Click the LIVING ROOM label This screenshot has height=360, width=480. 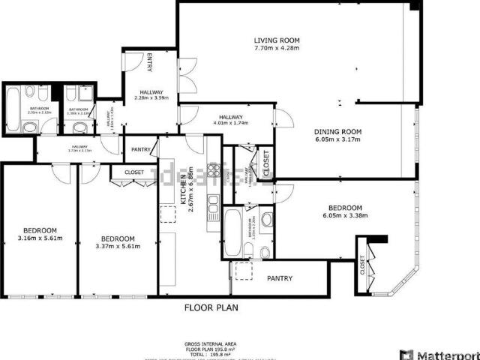click(x=277, y=40)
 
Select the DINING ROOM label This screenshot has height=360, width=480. click(x=337, y=131)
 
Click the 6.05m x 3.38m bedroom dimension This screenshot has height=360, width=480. click(x=345, y=216)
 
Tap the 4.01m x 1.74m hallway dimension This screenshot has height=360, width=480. click(x=230, y=124)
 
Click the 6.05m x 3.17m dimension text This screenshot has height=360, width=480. click(x=337, y=139)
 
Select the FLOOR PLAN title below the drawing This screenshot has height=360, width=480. click(x=214, y=307)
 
